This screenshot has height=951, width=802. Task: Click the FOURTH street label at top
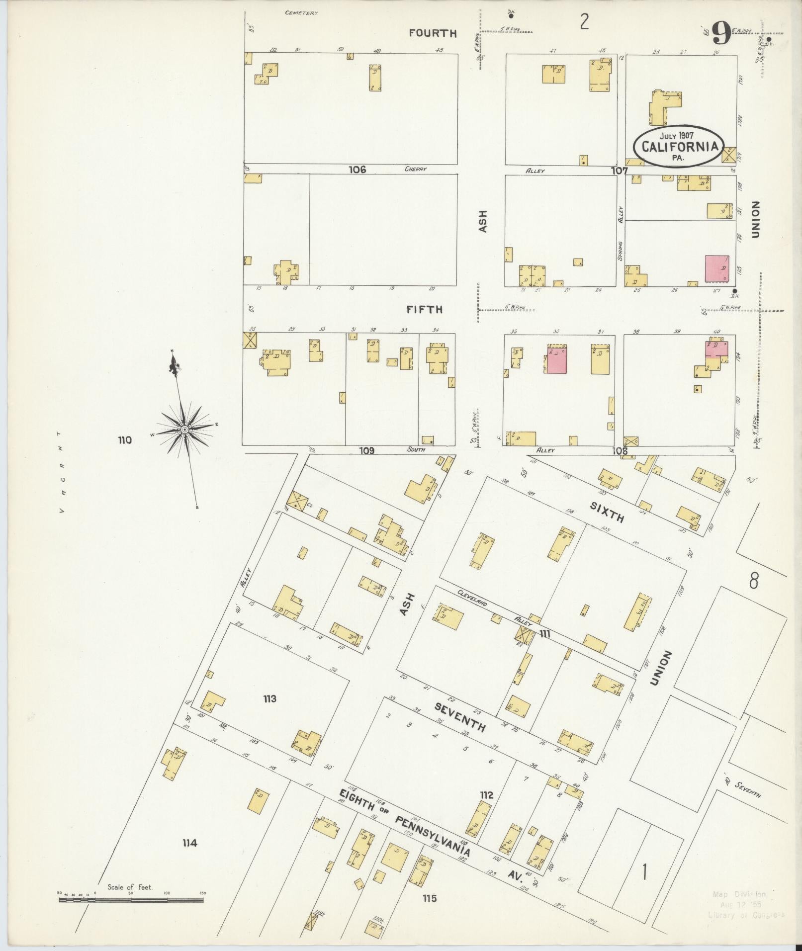(433, 33)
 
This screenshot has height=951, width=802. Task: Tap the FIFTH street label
(424, 309)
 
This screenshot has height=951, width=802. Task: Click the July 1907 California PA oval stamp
(679, 145)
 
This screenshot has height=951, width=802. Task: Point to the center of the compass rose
(184, 429)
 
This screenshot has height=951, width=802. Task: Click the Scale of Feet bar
(131, 899)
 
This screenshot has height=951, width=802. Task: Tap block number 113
(269, 699)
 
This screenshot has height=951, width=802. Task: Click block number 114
(189, 843)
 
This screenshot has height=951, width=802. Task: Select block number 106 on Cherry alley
(356, 170)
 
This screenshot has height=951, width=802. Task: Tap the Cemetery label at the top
(301, 13)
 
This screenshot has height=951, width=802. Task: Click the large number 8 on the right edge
(754, 581)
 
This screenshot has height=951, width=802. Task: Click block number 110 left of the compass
(125, 440)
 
